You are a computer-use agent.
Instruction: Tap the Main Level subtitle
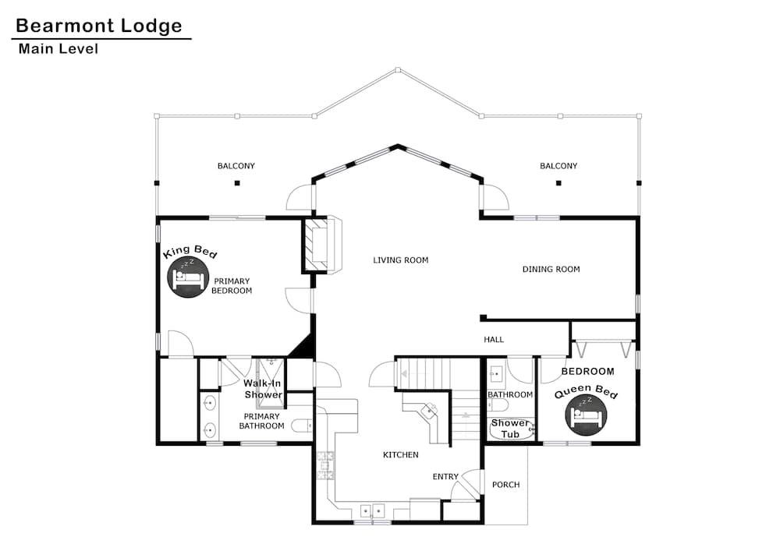point(58,49)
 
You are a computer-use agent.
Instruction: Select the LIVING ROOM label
point(400,260)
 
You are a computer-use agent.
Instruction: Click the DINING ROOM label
point(551,270)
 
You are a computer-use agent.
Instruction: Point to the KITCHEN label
point(400,455)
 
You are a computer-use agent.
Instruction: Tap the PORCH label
point(505,485)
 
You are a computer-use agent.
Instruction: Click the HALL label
point(494,340)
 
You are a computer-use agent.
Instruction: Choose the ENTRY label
point(445,477)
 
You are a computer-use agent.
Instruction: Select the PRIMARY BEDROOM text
point(232,285)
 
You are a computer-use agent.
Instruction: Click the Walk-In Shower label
point(263,389)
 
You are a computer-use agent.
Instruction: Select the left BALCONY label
point(236,166)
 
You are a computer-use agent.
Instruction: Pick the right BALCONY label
point(558,166)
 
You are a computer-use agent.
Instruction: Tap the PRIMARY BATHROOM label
point(261,421)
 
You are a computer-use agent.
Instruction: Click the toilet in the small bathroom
point(498,404)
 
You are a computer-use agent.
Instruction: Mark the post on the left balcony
point(236,183)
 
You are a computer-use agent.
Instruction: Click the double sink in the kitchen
point(371,511)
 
